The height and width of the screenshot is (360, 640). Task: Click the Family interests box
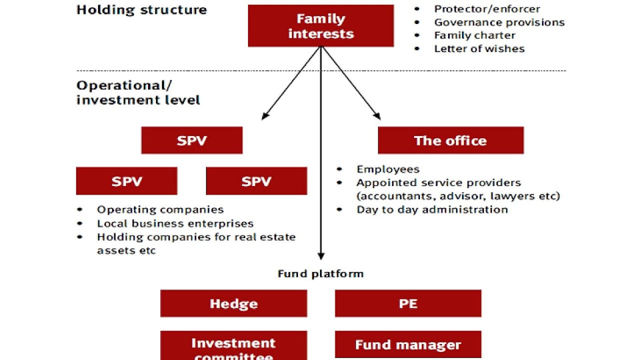coord(320,26)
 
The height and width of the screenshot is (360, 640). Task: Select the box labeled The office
coord(450,140)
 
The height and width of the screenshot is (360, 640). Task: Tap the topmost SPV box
coord(192,140)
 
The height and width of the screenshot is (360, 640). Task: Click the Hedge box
coord(233,303)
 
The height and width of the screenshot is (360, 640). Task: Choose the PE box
coord(408,303)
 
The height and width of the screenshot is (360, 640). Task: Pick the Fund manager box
coord(408,344)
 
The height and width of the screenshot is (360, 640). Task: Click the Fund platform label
coord(320,273)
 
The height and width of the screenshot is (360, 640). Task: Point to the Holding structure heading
coord(141,10)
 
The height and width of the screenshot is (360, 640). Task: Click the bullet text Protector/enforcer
coord(487,9)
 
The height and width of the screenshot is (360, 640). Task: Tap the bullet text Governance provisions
coord(499,22)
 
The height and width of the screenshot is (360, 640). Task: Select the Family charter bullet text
coord(474,35)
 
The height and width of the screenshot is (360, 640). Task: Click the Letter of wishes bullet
coord(479,49)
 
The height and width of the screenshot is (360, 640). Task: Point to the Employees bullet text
coord(388,169)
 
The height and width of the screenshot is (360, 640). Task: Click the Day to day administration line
coord(432,209)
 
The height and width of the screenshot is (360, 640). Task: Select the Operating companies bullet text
coord(160,209)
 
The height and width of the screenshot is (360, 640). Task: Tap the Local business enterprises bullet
coord(175,223)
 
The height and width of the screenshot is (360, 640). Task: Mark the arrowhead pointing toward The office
coord(377,116)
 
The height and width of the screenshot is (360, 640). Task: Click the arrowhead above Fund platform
coord(321,256)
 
